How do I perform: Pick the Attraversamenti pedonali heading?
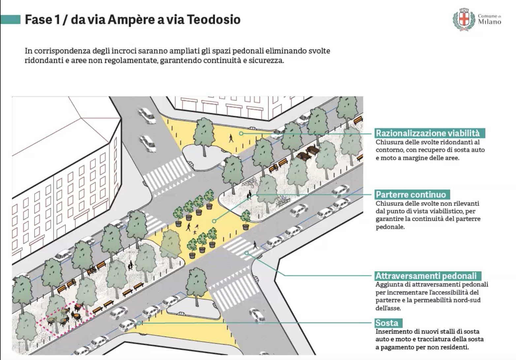pos(428,276)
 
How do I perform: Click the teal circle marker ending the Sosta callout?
pos(140,323)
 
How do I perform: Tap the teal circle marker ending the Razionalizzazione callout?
pos(242,134)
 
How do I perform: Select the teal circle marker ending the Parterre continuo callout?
pos(214,221)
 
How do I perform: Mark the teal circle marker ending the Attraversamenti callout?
pos(246,253)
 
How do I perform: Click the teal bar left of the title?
pos(11,19)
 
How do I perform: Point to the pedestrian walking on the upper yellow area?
pos(231,138)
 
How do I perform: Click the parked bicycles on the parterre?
pos(250,182)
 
